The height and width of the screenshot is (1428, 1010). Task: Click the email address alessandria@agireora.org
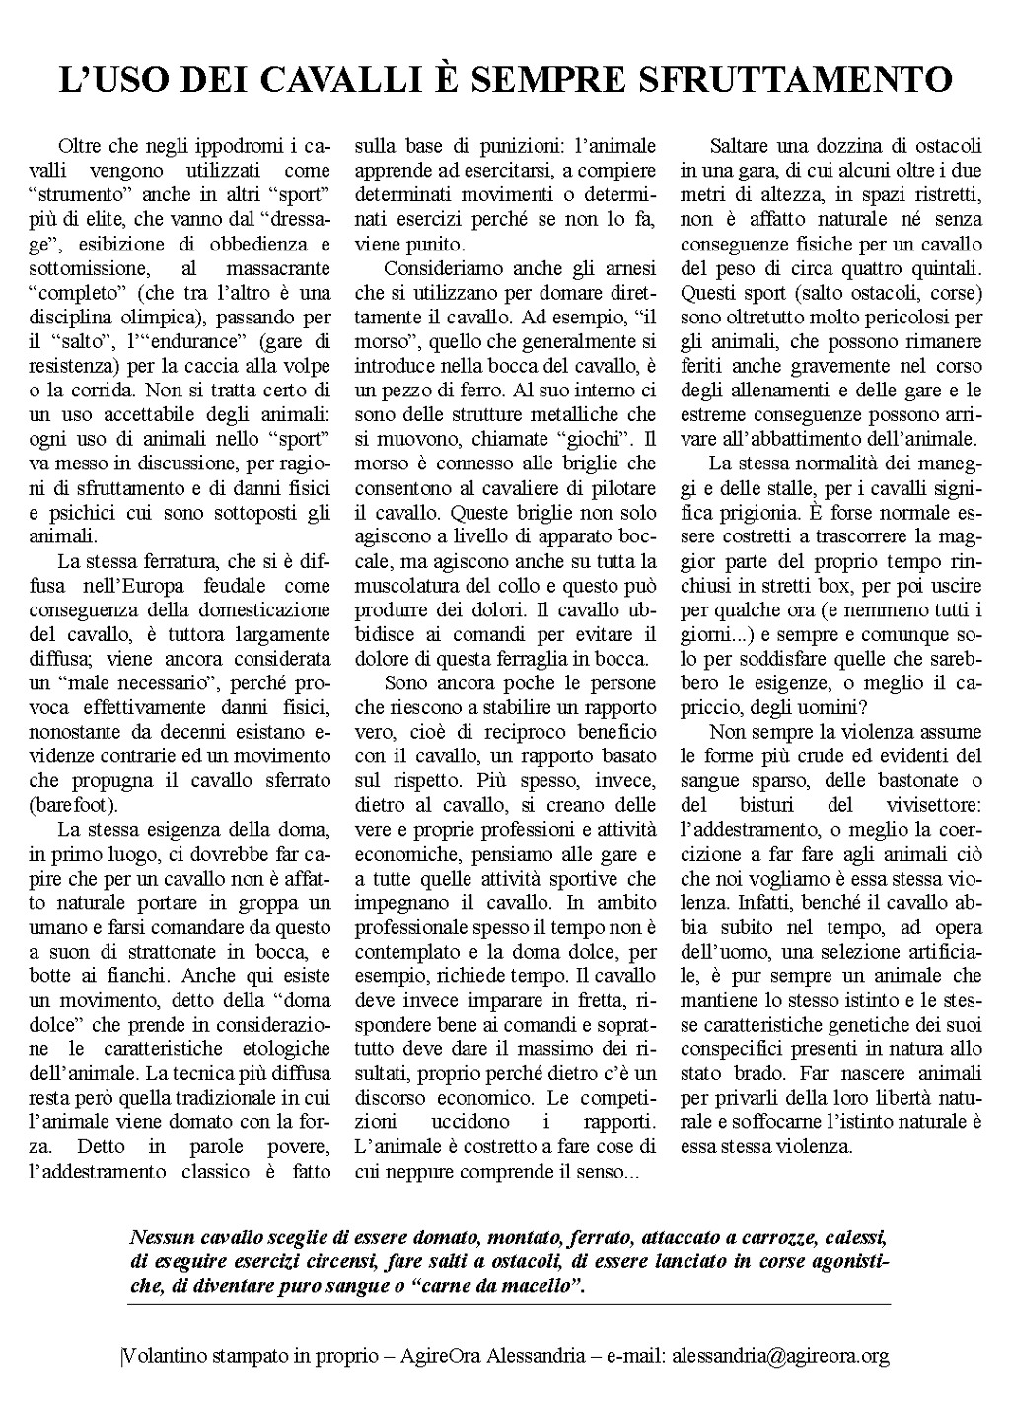[x=780, y=1356]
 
